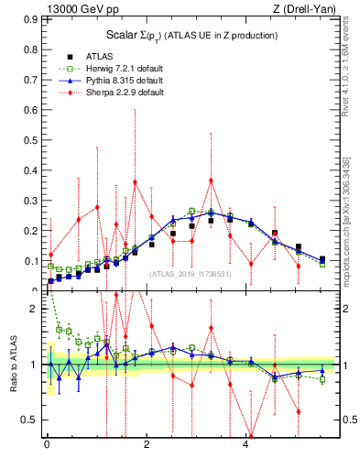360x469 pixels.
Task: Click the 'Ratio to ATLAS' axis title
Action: coord(12,364)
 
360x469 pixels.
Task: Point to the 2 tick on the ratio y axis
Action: coord(34,309)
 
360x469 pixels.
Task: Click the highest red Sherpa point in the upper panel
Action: coord(211,180)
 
